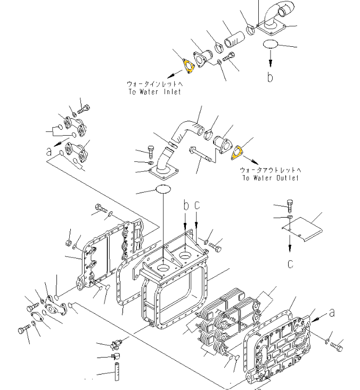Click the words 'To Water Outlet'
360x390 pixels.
pyautogui.click(x=271, y=178)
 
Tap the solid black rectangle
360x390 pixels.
pyautogui.click(x=42, y=76)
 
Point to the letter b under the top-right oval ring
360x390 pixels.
pyautogui.click(x=270, y=77)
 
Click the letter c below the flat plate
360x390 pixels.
pyautogui.click(x=290, y=263)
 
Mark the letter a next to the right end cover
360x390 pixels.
pyautogui.click(x=332, y=312)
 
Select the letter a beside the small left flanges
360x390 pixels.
pyautogui.click(x=50, y=152)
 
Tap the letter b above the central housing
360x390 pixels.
pyautogui.click(x=186, y=205)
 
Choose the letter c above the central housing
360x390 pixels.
pyautogui.click(x=197, y=205)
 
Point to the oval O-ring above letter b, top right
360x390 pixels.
pyautogui.click(x=272, y=44)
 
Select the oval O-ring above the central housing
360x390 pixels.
pyautogui.click(x=163, y=189)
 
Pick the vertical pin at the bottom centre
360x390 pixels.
pyautogui.click(x=114, y=371)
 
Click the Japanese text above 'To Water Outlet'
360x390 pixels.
pyautogui.click(x=271, y=170)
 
